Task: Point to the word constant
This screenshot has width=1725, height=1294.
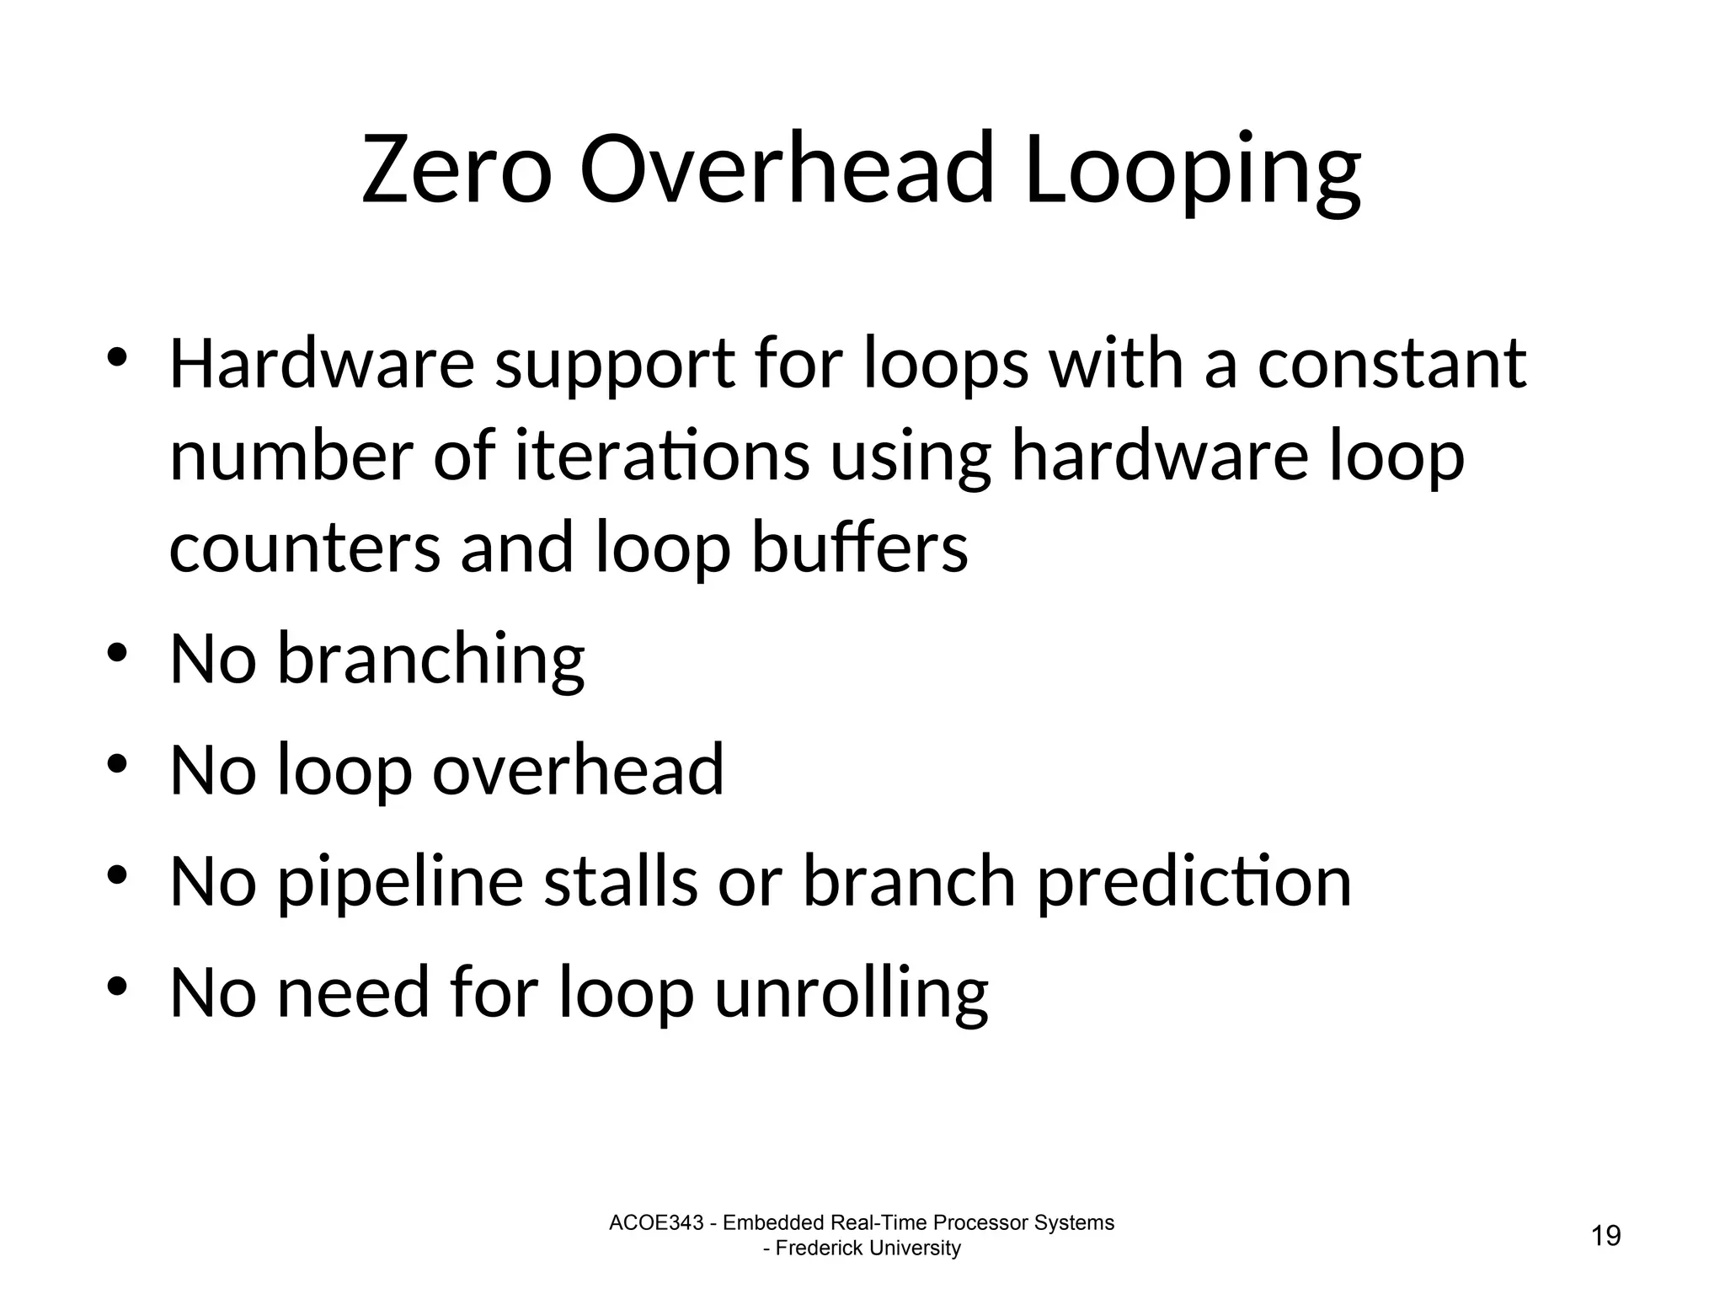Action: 1391,365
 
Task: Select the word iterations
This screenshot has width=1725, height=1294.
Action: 662,457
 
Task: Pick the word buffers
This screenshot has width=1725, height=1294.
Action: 859,548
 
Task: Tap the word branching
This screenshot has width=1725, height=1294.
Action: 430,660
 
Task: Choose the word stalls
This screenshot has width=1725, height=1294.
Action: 621,881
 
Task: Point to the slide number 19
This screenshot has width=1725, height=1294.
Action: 1605,1236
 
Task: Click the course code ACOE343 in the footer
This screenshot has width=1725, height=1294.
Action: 655,1223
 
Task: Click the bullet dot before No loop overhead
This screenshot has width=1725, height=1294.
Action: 117,764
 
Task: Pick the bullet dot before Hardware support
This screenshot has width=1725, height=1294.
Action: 117,358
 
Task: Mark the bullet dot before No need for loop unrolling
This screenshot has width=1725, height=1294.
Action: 117,987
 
